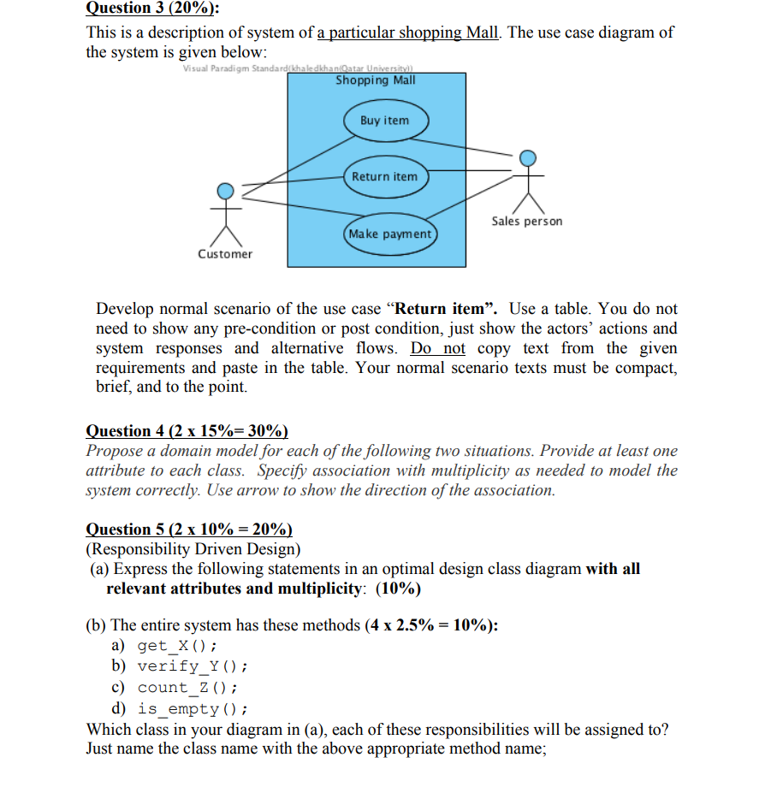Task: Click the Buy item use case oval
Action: point(384,121)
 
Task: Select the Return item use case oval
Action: point(384,176)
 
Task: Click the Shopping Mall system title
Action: point(376,80)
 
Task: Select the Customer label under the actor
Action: point(225,254)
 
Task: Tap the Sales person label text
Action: point(527,222)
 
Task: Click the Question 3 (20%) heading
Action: point(152,9)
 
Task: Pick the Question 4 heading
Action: point(187,430)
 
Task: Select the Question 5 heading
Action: point(189,530)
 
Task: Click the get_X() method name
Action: point(177,646)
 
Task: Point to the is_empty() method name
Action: point(193,708)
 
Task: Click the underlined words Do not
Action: point(438,348)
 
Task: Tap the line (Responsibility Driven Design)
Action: point(193,549)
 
